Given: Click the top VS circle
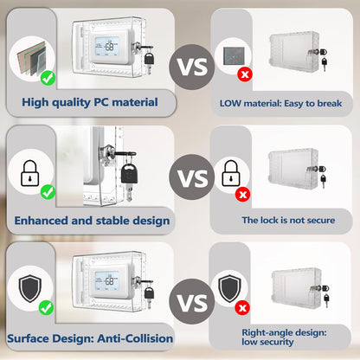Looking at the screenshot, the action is pyautogui.click(x=192, y=67).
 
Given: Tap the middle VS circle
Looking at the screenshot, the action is pyautogui.click(x=192, y=177).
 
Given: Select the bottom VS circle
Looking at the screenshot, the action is pyautogui.click(x=192, y=302).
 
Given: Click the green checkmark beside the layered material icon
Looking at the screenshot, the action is pyautogui.click(x=48, y=78).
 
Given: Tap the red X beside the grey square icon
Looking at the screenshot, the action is pyautogui.click(x=245, y=74).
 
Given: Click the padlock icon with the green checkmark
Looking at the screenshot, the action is pyautogui.click(x=29, y=174).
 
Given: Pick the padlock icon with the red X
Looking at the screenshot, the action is pyautogui.click(x=231, y=173).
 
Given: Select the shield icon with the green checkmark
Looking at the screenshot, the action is pyautogui.click(x=30, y=288).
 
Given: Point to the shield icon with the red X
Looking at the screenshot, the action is pyautogui.click(x=229, y=288).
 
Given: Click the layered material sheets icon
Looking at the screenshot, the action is pyautogui.click(x=31, y=59).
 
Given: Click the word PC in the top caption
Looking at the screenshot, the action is pyautogui.click(x=101, y=102).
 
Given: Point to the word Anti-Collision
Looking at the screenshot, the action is pyautogui.click(x=135, y=338).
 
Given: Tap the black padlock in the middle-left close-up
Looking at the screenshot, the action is pyautogui.click(x=129, y=174).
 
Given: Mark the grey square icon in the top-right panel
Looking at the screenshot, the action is pyautogui.click(x=234, y=55).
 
